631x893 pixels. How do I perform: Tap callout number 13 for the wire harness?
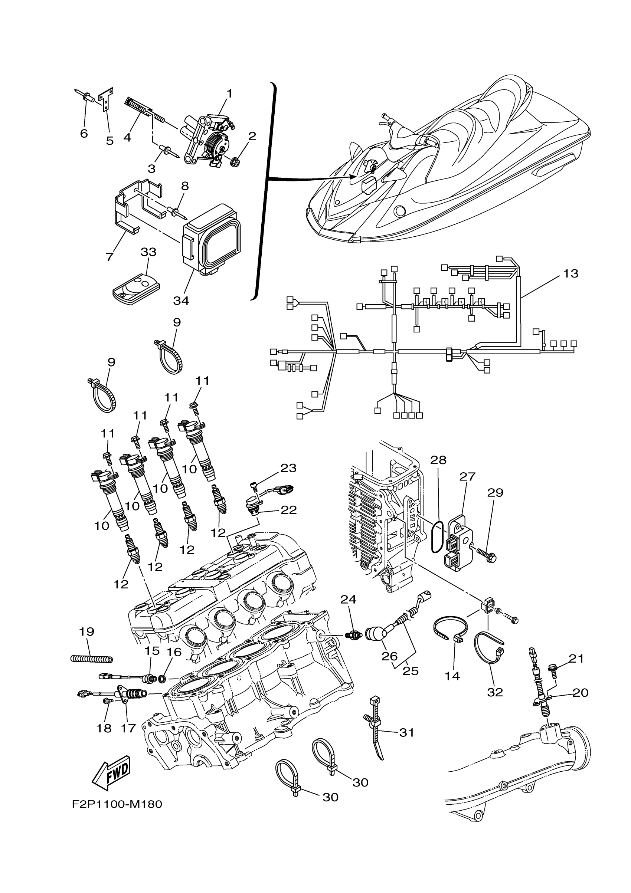pyautogui.click(x=571, y=273)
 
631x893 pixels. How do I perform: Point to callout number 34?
pyautogui.click(x=181, y=301)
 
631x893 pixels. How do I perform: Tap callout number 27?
pyautogui.click(x=467, y=476)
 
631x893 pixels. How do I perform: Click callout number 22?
pyautogui.click(x=288, y=509)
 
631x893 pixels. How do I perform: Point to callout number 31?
pyautogui.click(x=406, y=732)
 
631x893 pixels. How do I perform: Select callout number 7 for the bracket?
pyautogui.click(x=109, y=257)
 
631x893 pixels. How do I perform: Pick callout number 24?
pyautogui.click(x=348, y=599)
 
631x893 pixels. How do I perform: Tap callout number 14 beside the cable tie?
pyautogui.click(x=452, y=676)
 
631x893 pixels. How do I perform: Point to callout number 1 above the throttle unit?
pyautogui.click(x=229, y=93)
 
